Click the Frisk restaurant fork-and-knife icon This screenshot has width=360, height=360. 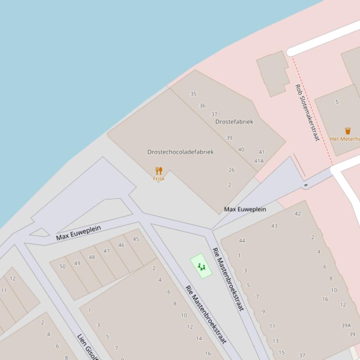coord(159,171)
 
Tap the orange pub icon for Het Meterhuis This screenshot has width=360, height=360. coord(348,131)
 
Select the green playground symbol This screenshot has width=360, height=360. coord(201,267)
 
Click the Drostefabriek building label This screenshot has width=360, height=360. coord(234,122)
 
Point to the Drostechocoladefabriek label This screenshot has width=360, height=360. coord(180,152)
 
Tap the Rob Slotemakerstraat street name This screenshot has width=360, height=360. coord(307,113)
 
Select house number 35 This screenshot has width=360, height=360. coord(193,94)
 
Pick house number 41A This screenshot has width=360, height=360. coord(259,161)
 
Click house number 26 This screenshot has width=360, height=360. coord(231,170)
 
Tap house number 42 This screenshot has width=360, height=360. coord(298,214)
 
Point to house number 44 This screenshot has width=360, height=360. coord(242,241)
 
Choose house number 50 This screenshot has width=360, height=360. coord(62,266)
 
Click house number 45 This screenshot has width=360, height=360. coord(136,239)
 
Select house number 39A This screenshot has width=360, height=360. coord(346,325)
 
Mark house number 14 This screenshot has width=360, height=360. coord(199,338)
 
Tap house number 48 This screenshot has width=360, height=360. coord(92,257)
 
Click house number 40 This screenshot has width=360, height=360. coord(241,150)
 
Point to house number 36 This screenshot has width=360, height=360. coord(202,106)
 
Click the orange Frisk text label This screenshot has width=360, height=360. coord(159,179)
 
